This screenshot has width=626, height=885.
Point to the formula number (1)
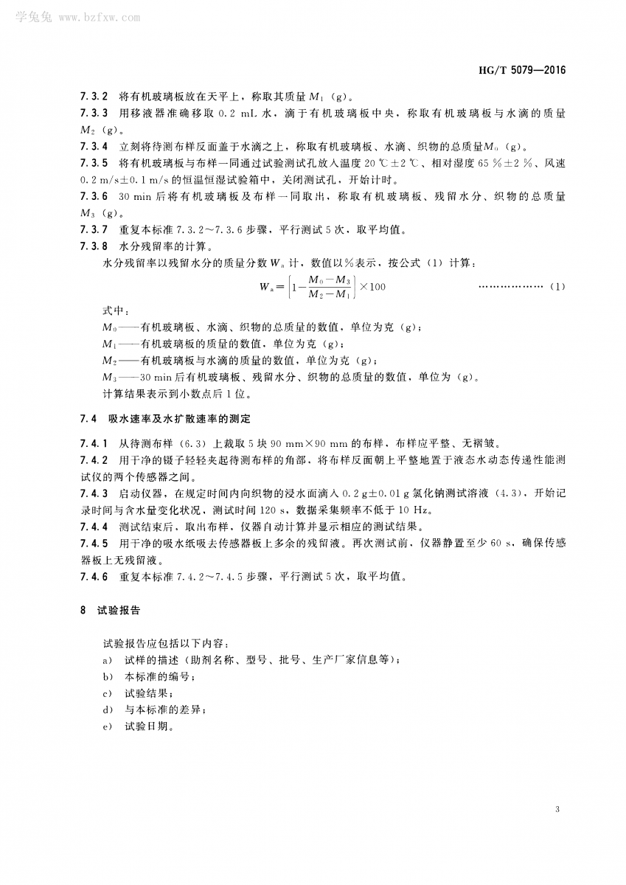pos(557,286)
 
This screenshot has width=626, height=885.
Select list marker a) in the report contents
pos(107,660)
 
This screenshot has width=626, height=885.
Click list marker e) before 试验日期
pos(107,726)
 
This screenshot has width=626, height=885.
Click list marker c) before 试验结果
pos(107,693)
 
